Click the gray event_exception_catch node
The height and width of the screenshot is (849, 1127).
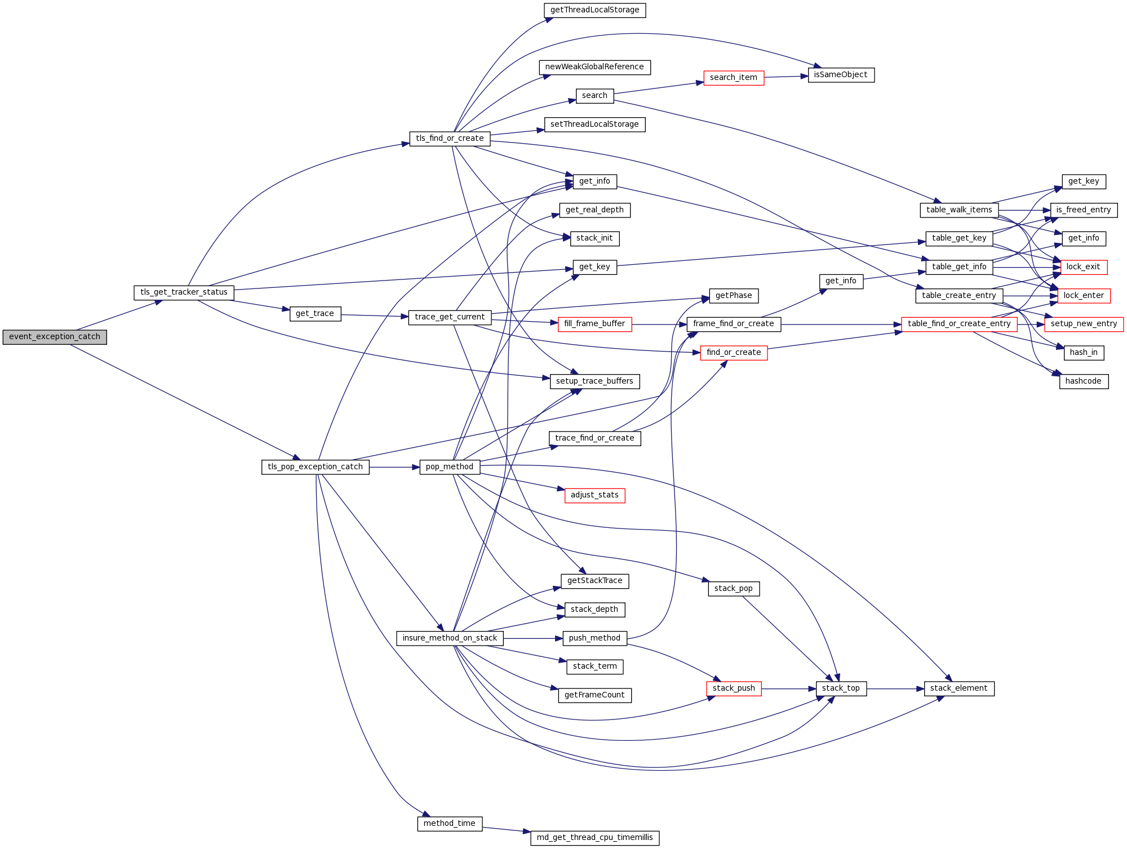click(x=55, y=337)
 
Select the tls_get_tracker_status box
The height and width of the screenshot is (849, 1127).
click(x=184, y=292)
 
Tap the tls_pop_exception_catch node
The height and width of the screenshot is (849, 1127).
click(x=315, y=467)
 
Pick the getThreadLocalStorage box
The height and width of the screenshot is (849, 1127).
click(x=594, y=10)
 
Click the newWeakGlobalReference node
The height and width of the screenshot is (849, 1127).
click(x=594, y=67)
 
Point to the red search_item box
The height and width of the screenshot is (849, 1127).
click(x=734, y=78)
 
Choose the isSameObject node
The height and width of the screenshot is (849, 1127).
click(x=841, y=75)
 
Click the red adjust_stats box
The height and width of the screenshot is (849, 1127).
click(x=594, y=495)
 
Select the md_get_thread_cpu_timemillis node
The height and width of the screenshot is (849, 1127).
click(x=594, y=838)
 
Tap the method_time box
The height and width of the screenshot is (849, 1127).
click(x=449, y=824)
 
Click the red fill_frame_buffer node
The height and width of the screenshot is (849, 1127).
click(x=594, y=324)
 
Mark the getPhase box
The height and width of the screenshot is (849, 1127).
click(x=734, y=296)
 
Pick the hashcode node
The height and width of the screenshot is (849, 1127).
click(x=1083, y=381)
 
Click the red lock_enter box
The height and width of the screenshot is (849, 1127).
click(x=1084, y=296)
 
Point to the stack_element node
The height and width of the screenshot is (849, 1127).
click(x=959, y=688)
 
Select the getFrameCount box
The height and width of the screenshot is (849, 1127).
click(x=594, y=695)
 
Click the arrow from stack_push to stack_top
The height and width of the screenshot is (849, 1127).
click(x=789, y=688)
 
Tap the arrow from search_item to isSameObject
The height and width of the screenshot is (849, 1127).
click(x=786, y=77)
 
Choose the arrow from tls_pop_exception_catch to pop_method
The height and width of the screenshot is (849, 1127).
click(x=394, y=467)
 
